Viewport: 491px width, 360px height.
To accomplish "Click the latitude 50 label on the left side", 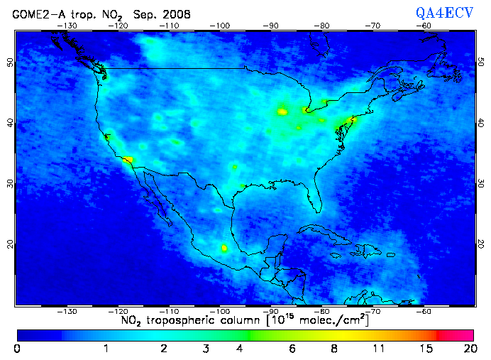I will click(x=10, y=62).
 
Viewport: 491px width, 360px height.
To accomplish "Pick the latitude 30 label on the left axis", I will click(x=10, y=183).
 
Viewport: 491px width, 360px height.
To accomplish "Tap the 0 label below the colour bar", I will click(x=17, y=349).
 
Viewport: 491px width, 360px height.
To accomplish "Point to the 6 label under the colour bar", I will click(x=293, y=349).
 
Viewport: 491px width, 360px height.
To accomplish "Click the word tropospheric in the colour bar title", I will click(x=184, y=321).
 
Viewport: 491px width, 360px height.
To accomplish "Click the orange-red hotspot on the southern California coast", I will click(x=128, y=160).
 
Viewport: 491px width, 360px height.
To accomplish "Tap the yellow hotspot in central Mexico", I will click(x=224, y=249).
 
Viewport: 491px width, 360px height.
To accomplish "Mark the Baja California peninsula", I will click(x=160, y=203).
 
